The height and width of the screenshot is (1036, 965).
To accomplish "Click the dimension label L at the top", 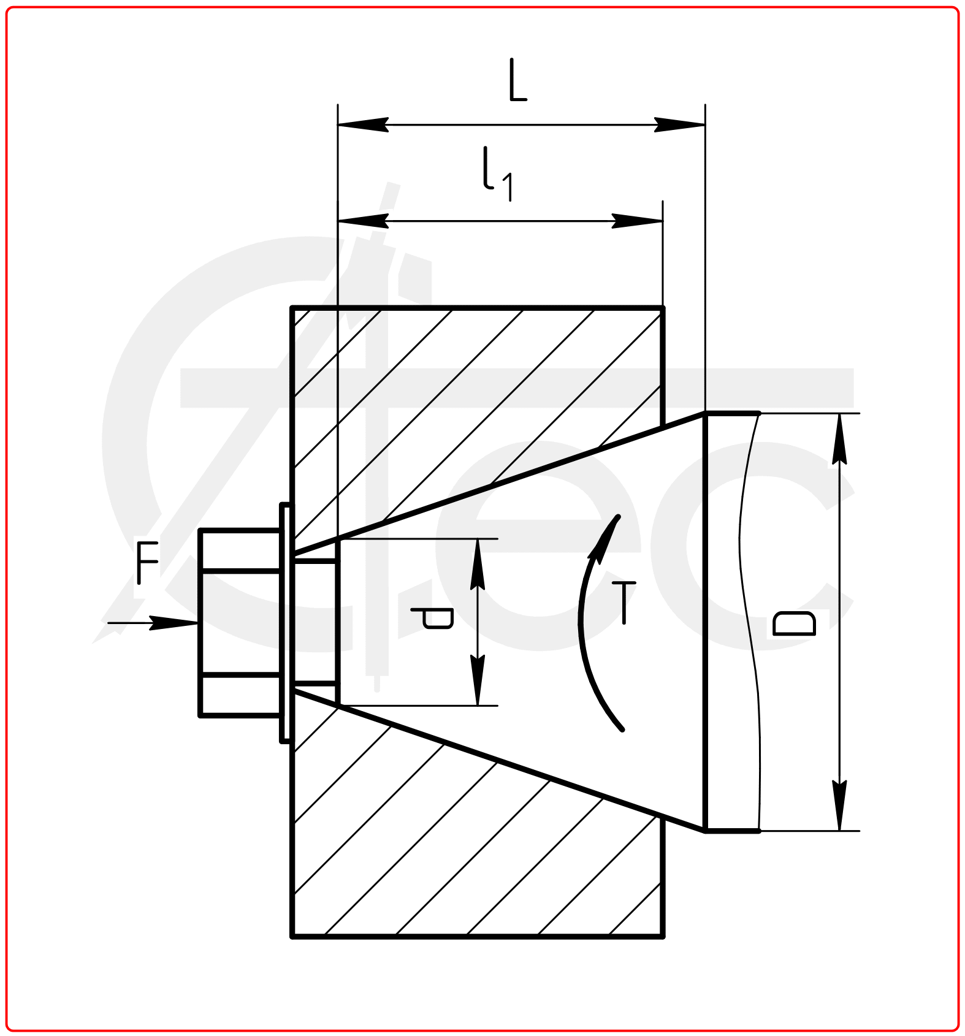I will (517, 81).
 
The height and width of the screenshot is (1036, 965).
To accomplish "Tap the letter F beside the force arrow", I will (147, 562).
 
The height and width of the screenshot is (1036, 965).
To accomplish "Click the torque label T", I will (624, 603).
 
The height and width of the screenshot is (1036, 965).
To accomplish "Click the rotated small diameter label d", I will (433, 618).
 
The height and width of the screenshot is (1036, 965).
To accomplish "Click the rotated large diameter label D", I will (795, 623).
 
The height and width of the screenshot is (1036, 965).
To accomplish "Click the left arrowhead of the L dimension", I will (362, 124).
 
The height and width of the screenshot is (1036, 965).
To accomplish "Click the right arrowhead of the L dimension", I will (681, 124).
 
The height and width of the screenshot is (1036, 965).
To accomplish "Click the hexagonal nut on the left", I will (240, 622).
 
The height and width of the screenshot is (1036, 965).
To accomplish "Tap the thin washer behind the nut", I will (286, 622).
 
